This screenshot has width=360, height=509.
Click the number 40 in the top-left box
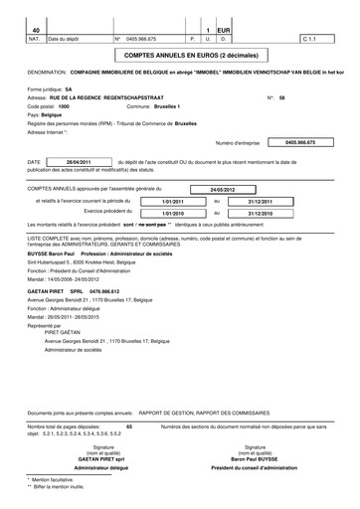point(36,30)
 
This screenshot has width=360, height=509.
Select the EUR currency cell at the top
point(224,30)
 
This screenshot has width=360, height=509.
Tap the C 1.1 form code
point(308,40)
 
